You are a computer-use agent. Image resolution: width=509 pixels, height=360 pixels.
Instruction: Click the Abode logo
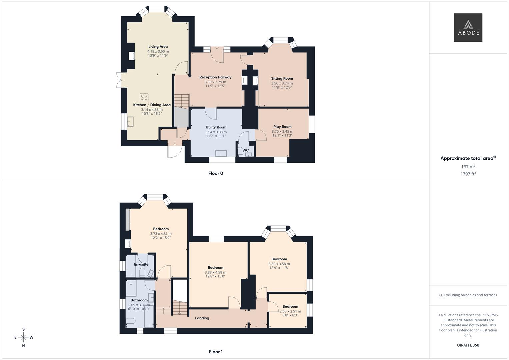[x=468, y=28]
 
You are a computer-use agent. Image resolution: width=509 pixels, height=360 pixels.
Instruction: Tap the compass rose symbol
[x=23, y=337]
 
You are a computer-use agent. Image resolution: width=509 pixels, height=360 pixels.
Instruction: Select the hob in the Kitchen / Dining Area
[x=144, y=97]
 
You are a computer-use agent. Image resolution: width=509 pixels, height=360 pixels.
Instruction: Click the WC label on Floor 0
[x=246, y=150]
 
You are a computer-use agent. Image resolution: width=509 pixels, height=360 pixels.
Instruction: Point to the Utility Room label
[x=216, y=127]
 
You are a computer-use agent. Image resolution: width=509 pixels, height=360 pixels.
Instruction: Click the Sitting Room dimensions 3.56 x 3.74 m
[x=282, y=83]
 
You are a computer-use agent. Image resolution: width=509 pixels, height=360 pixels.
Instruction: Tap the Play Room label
[x=282, y=127]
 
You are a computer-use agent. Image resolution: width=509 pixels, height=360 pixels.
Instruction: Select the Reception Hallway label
[x=215, y=77]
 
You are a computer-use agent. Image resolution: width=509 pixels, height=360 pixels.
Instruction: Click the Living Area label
[x=158, y=47]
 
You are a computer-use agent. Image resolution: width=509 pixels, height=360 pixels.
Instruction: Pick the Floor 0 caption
[x=216, y=173]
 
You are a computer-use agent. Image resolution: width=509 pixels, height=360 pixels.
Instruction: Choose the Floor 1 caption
[x=216, y=352]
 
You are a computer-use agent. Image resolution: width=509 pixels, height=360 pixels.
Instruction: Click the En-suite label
[x=141, y=265]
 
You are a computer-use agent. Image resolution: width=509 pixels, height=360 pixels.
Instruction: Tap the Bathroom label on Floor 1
[x=139, y=300]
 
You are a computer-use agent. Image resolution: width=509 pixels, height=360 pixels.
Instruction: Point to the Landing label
[x=202, y=318]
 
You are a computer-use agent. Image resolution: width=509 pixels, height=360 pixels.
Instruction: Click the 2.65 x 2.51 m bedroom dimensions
[x=290, y=311]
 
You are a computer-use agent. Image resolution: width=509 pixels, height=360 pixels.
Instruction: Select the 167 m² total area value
[x=468, y=167]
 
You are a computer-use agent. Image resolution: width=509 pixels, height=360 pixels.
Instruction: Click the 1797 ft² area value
[x=468, y=174]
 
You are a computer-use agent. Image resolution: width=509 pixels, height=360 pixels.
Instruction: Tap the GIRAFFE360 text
[x=468, y=345]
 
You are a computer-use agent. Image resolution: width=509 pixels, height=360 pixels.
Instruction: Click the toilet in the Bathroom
[x=130, y=321]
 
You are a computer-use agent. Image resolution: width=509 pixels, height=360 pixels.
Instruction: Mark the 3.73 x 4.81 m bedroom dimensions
[x=161, y=234]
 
